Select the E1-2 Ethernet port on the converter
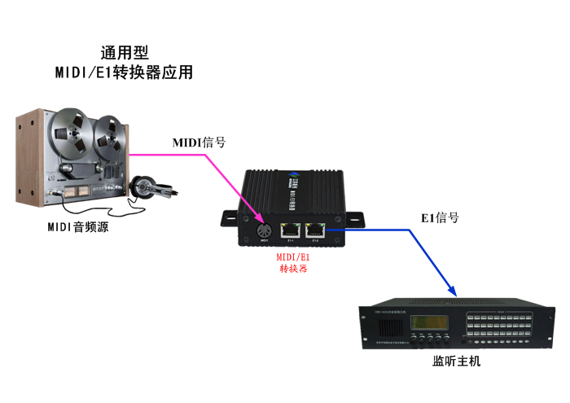tap(315, 229)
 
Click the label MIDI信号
tap(199, 142)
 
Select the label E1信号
tap(440, 218)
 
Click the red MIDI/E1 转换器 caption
tap(293, 261)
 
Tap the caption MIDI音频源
tap(77, 227)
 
